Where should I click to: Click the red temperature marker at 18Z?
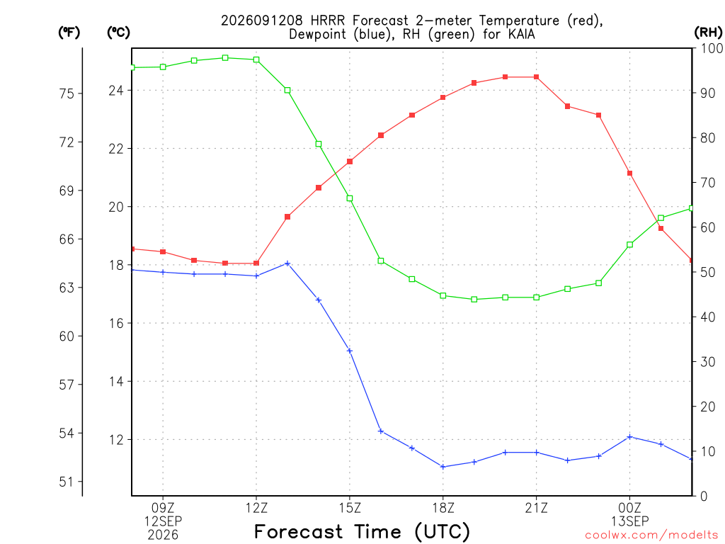click(443, 98)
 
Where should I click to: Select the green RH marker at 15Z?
click(350, 198)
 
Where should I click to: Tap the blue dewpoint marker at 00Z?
click(629, 436)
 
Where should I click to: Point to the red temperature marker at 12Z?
click(256, 263)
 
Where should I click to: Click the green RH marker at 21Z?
click(537, 297)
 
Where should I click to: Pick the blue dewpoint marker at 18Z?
click(443, 467)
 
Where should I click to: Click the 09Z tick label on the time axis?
click(163, 508)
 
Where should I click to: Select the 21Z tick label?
click(537, 508)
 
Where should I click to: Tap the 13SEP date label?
click(629, 521)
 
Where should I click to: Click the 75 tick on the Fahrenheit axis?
click(67, 94)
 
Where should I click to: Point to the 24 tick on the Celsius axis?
click(116, 90)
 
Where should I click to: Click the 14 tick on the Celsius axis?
click(116, 382)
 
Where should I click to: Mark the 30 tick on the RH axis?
click(708, 362)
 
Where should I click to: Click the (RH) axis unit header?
click(708, 33)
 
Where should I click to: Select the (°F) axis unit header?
click(69, 33)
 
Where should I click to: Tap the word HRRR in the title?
click(328, 21)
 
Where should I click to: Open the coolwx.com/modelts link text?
click(651, 535)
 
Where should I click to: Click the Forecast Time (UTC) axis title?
click(362, 531)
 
